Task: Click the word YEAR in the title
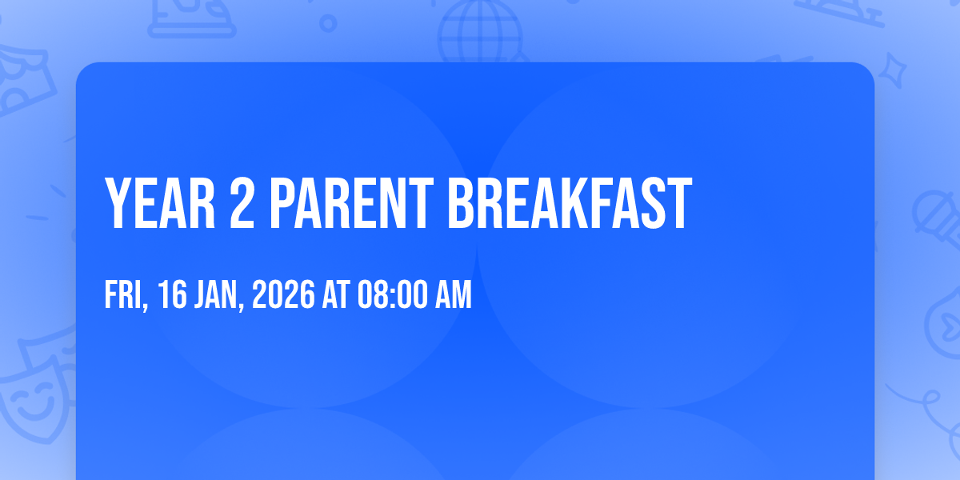click(x=159, y=203)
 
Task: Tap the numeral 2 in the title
click(x=242, y=203)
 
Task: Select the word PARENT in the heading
click(x=351, y=203)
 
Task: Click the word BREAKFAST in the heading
click(x=570, y=203)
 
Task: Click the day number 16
click(x=172, y=294)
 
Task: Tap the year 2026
click(x=283, y=294)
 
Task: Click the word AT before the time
click(x=336, y=294)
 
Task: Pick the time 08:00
click(x=393, y=294)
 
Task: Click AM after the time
click(x=454, y=294)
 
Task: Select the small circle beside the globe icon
click(x=328, y=23)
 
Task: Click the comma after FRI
click(x=146, y=306)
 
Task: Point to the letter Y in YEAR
click(x=118, y=203)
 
